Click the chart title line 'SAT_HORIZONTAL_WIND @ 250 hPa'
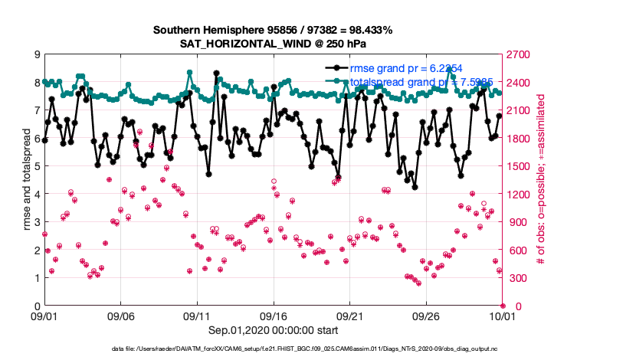[273, 44]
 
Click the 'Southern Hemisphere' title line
[273, 31]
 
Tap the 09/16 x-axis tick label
[274, 316]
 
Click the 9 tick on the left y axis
[36, 55]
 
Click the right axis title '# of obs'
[540, 181]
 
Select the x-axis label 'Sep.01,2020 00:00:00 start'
[274, 329]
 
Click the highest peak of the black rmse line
[217, 74]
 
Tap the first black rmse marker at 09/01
[44, 140]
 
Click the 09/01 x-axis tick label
[44, 316]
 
